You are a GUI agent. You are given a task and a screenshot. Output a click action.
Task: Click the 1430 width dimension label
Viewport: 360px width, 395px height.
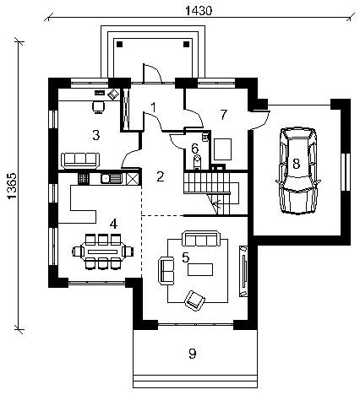point(199,10)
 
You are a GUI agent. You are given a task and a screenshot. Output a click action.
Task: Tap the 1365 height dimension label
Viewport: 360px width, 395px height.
point(13,186)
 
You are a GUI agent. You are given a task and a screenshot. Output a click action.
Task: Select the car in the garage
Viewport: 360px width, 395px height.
point(297,170)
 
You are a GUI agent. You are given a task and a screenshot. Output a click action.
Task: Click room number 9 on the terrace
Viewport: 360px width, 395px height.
point(193,354)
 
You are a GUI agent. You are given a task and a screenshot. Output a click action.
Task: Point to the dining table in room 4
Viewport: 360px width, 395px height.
point(103,252)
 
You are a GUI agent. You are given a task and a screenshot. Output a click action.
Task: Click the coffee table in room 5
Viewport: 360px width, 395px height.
point(200,269)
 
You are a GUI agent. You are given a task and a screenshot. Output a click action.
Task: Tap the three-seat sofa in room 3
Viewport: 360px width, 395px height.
point(80,160)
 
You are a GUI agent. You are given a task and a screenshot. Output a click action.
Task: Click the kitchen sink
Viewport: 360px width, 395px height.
point(111,178)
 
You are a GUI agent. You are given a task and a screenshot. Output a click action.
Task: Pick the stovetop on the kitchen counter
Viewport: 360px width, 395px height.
point(84,178)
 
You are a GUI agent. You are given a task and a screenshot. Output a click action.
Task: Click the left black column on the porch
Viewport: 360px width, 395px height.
point(120,44)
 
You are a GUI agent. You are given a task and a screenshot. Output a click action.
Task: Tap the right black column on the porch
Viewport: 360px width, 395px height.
point(186,44)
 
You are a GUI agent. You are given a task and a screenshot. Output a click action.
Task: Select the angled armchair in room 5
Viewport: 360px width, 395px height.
point(194,300)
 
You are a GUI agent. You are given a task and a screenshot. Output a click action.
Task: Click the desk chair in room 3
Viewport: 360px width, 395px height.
point(98,107)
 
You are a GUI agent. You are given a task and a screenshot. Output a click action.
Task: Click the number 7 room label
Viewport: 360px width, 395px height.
point(223,115)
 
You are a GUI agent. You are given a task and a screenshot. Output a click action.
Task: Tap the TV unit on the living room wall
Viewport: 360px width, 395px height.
point(243,271)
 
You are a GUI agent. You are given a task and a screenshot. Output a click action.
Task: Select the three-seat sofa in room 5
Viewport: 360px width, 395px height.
point(201,239)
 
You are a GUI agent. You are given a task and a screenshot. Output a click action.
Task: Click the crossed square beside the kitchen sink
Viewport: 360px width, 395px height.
point(131,178)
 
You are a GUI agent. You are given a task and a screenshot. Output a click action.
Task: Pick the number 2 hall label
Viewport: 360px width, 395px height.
point(161,176)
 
